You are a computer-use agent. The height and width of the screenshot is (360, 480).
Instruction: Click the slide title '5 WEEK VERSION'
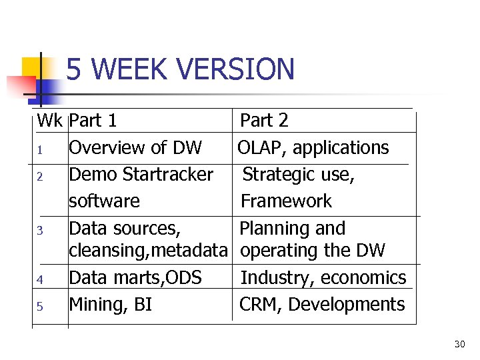180,69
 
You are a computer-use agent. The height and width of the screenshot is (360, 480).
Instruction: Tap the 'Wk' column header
50,121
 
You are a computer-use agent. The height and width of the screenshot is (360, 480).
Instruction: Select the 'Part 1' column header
93,121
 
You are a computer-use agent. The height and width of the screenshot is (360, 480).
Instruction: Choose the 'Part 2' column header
264,121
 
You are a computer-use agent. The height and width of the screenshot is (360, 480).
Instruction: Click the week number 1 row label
40,149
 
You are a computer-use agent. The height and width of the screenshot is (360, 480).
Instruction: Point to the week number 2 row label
40,177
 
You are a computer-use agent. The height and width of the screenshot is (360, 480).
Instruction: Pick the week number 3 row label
40,231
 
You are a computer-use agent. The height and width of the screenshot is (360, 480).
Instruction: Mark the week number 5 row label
40,307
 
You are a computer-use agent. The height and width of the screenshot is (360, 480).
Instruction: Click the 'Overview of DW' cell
135,147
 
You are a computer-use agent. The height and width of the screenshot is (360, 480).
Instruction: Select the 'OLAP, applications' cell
313,147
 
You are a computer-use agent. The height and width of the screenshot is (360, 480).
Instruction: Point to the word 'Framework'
286,201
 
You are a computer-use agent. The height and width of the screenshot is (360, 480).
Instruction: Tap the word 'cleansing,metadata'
148,251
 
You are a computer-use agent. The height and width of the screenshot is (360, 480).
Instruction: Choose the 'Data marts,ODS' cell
135,277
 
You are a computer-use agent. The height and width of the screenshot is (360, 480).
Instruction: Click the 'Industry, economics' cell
323,277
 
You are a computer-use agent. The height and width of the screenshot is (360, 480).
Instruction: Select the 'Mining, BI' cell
111,305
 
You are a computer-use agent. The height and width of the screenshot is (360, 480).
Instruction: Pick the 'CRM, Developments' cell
322,305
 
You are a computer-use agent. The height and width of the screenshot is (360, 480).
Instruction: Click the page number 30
459,344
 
